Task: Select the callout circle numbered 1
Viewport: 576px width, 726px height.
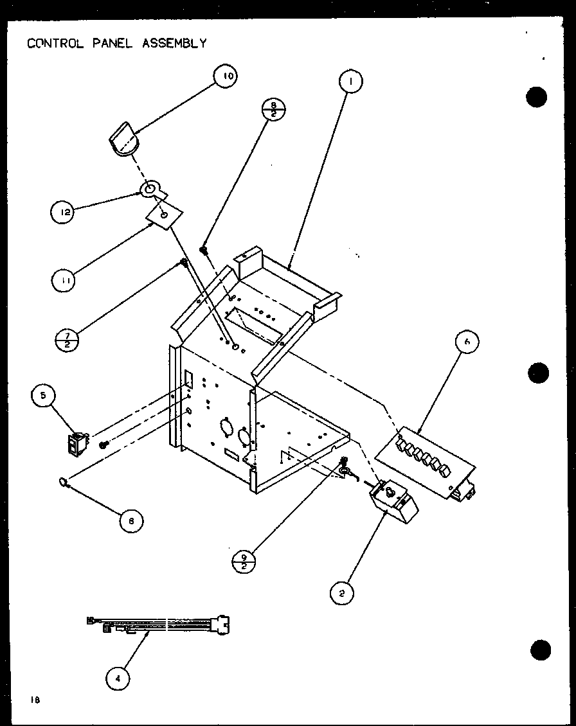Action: (x=350, y=82)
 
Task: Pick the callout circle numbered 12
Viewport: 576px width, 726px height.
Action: (x=64, y=211)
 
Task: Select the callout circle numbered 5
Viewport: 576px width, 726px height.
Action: (x=44, y=396)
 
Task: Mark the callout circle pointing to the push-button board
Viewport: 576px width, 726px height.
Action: (x=467, y=343)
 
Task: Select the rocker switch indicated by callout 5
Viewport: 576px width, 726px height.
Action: (x=78, y=445)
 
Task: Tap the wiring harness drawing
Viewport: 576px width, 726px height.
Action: (x=157, y=624)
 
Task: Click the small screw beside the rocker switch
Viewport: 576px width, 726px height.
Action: (x=102, y=445)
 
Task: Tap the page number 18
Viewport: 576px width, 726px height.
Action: (x=31, y=700)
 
